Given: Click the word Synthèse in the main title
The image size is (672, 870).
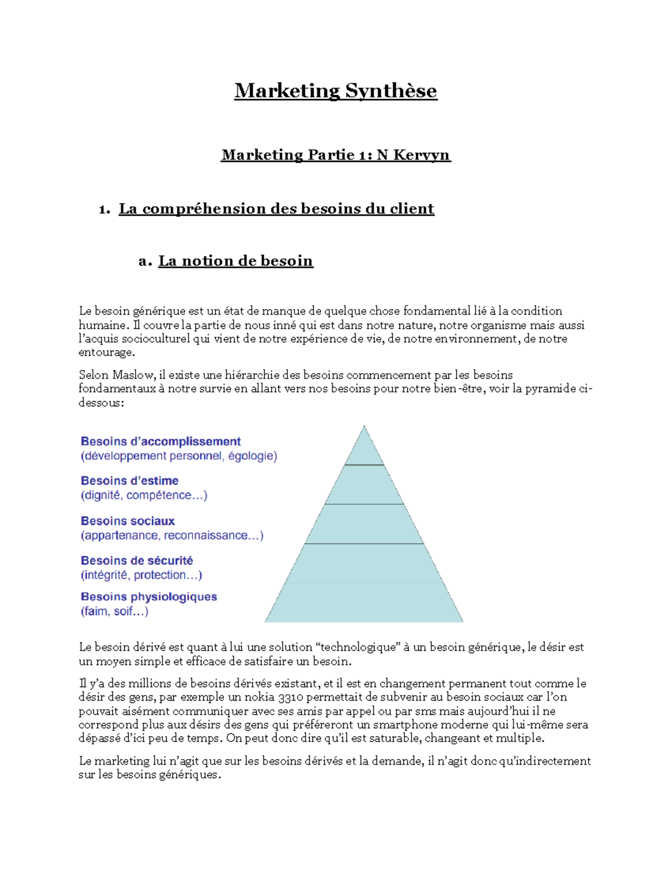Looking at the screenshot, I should (390, 91).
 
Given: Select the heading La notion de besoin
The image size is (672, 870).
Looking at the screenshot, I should (235, 261).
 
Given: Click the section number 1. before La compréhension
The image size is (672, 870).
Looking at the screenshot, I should (104, 210).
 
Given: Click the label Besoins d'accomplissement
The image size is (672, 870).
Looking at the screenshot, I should (161, 441).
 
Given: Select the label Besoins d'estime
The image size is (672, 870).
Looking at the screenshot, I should (129, 481).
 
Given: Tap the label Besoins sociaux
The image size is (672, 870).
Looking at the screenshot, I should (128, 521).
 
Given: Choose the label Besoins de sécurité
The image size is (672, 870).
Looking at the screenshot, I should (137, 561).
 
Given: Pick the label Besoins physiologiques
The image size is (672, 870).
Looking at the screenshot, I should (148, 597).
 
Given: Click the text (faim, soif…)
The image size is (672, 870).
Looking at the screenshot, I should (114, 611).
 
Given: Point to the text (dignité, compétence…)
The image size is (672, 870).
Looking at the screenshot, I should (144, 495).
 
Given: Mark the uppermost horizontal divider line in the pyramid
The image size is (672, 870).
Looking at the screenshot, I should (364, 465).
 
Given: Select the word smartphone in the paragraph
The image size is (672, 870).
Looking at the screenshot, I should (405, 725).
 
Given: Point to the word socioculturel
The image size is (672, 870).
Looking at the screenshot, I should (156, 339).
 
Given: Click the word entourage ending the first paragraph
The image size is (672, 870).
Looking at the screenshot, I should (105, 353).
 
